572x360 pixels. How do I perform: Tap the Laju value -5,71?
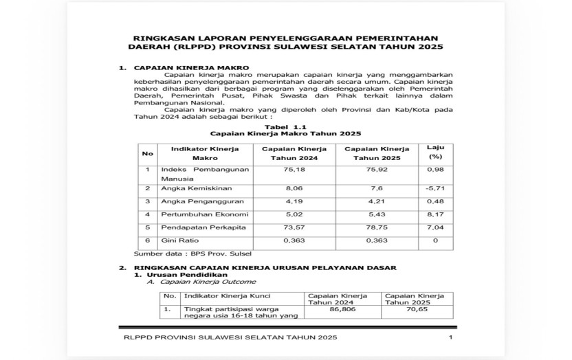click(x=434, y=188)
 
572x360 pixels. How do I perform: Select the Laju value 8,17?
click(x=434, y=214)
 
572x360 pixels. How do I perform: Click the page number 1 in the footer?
click(x=450, y=337)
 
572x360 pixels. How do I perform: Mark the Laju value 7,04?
click(x=434, y=227)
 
